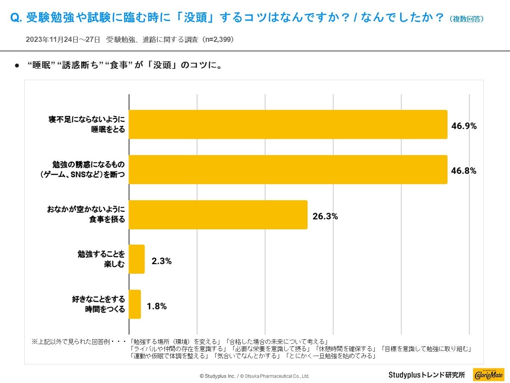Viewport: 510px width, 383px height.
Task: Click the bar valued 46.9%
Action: click(x=288, y=125)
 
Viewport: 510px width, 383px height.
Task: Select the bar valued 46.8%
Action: click(x=288, y=169)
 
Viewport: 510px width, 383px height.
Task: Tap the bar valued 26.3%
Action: click(x=218, y=215)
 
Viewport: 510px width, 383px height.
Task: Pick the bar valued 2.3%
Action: click(x=137, y=259)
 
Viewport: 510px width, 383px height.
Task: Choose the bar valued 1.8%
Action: click(x=135, y=304)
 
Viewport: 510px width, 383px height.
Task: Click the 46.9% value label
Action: click(x=464, y=126)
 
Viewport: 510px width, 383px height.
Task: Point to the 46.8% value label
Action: click(x=464, y=171)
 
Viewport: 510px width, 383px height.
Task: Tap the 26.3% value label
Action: click(x=325, y=216)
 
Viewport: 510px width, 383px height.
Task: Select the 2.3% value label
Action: click(x=161, y=261)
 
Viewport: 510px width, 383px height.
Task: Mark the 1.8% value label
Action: click(x=157, y=306)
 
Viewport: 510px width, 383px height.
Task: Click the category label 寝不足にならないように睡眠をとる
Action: click(x=87, y=125)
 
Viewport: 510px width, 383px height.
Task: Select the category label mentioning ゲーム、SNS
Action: click(x=83, y=169)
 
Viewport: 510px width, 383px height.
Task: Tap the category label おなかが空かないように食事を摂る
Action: click(x=86, y=214)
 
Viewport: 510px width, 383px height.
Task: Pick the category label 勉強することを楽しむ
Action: click(x=101, y=259)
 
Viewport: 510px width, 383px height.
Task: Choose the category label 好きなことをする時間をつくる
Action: click(x=98, y=304)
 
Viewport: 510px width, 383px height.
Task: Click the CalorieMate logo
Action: click(x=488, y=374)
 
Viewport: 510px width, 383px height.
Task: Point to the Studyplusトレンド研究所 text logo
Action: click(x=427, y=375)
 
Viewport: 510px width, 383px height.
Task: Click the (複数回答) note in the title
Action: click(x=466, y=19)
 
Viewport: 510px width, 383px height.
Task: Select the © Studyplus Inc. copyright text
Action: click(x=217, y=376)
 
